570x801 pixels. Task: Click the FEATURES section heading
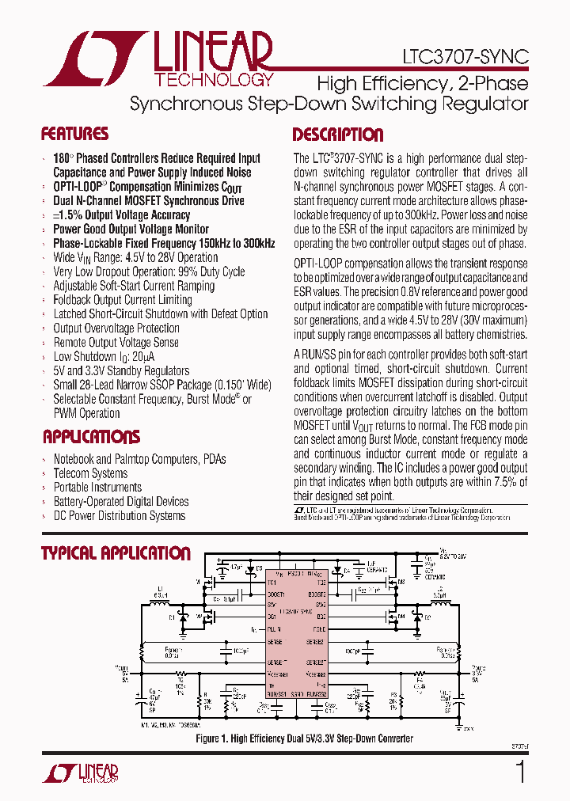[74, 134]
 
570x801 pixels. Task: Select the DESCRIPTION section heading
[338, 135]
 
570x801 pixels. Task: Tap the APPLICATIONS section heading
[91, 437]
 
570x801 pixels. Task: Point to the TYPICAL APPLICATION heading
[116, 553]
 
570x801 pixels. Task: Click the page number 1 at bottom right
[520, 772]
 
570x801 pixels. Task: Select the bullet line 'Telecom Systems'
[90, 473]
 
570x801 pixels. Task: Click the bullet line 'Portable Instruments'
[97, 488]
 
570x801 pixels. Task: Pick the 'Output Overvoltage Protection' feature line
[116, 328]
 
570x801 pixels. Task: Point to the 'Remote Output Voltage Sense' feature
[116, 343]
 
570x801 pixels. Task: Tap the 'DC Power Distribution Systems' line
[119, 516]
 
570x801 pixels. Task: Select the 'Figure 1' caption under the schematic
[304, 738]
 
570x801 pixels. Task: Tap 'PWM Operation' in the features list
[86, 413]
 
